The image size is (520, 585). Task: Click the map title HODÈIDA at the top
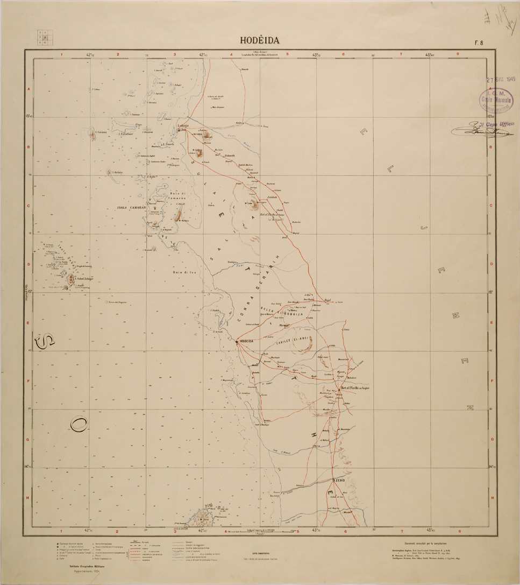tap(260, 41)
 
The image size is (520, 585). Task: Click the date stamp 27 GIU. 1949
tap(501, 79)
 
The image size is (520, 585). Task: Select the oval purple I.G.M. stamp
tap(496, 100)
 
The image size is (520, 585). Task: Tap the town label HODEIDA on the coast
tap(250, 341)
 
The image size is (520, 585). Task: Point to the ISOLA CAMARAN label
tap(132, 207)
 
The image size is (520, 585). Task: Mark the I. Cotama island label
tap(100, 132)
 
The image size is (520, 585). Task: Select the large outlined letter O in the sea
tap(78, 425)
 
